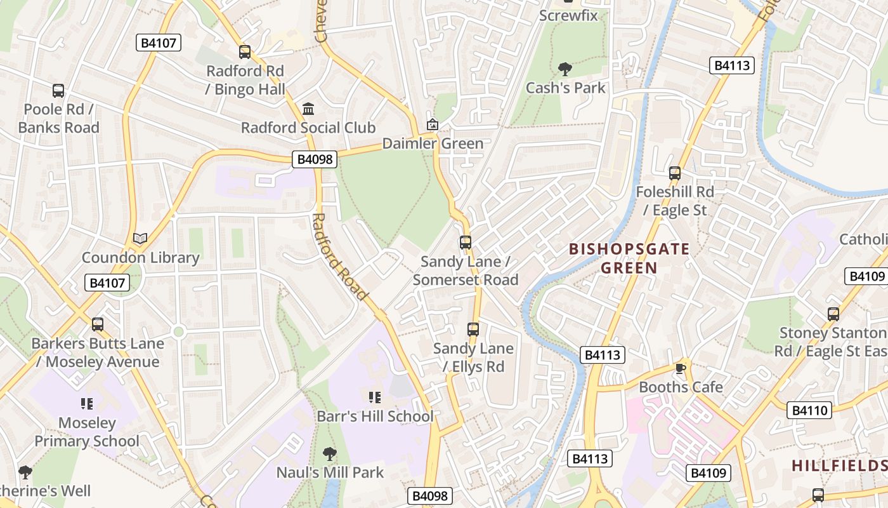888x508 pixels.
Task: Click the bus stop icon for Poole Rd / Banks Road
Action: tap(58, 91)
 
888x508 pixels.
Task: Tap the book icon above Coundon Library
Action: tap(140, 239)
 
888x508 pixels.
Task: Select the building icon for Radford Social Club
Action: tap(308, 109)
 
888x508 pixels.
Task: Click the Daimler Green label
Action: tap(433, 144)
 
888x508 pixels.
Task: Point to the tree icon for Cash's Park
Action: tap(565, 69)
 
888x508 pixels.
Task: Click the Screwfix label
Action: tap(568, 15)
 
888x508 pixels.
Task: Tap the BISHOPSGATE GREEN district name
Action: tap(629, 258)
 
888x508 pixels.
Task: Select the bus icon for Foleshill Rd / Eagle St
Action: tap(675, 173)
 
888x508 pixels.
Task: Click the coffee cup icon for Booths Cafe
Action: tap(681, 368)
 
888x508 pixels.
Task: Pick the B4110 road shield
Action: tap(810, 410)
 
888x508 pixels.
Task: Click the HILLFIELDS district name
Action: tap(839, 465)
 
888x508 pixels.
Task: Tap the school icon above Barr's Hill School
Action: tap(375, 398)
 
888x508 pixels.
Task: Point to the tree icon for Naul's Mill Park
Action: tap(329, 453)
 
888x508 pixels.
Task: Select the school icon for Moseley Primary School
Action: tap(87, 404)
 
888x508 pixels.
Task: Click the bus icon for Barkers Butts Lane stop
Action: tap(98, 324)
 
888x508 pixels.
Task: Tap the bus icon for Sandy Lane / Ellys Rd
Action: tap(473, 329)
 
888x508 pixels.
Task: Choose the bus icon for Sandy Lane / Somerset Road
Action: tap(466, 242)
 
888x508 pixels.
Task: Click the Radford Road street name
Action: tap(339, 257)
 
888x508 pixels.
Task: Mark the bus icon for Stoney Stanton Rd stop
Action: tap(833, 314)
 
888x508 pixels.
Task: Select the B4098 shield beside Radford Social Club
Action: tap(315, 159)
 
